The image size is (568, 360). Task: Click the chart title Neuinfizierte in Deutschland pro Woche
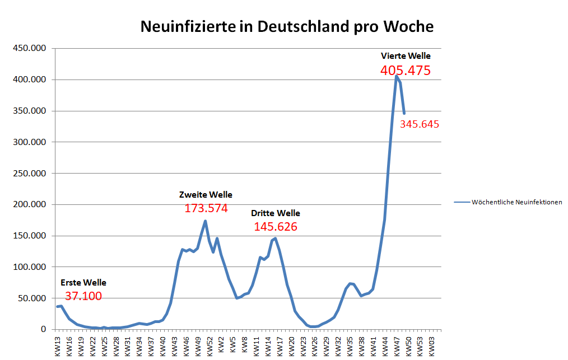286,26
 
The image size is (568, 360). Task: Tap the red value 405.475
405,71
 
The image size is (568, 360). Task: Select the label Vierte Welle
406,56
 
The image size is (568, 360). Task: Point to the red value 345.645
420,124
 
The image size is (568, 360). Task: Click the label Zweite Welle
206,195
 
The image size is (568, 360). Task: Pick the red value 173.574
206,209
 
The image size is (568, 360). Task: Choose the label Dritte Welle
276,213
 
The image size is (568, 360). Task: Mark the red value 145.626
276,227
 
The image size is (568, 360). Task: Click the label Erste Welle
83,283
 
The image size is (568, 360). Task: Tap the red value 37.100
83,296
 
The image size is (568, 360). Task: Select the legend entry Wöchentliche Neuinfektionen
516,202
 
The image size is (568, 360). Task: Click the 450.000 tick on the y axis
29,49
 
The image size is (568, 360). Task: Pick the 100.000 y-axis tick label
29,267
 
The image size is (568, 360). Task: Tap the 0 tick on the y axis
43,330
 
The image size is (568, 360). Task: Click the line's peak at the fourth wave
396,76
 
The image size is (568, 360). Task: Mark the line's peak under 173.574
206,221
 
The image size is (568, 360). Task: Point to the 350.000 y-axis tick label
29,111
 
